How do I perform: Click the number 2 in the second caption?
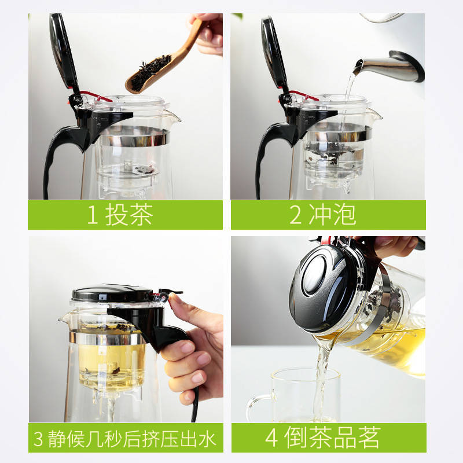tap(295, 215)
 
